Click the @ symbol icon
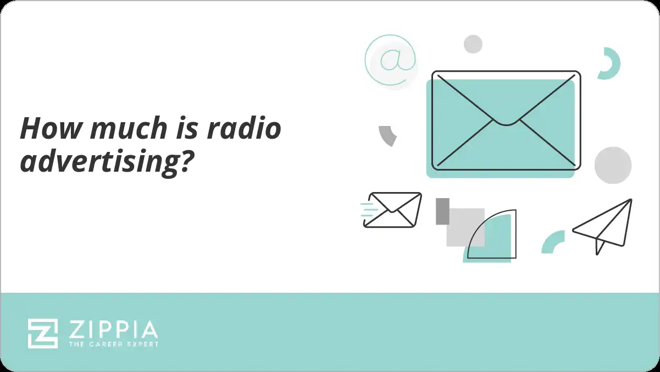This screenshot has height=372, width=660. click(x=391, y=59)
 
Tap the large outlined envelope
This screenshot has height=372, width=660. click(x=506, y=120)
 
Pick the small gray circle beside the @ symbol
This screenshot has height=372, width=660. click(x=473, y=44)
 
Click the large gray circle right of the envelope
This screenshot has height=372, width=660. click(x=613, y=165)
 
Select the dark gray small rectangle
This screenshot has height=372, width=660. click(x=442, y=211)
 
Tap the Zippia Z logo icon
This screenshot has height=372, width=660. click(x=43, y=333)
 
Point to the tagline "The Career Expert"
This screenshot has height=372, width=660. click(x=113, y=344)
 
